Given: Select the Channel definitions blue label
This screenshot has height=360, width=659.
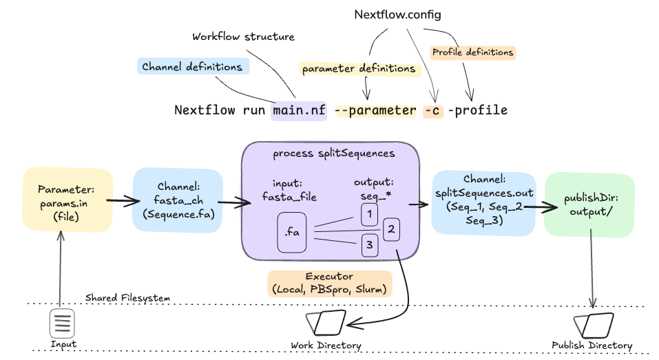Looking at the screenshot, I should point(191,67).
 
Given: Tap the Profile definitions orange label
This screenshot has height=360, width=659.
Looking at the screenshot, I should point(472,52).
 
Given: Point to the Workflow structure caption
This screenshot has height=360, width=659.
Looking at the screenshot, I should point(243,36).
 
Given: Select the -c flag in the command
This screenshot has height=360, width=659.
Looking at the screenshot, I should point(433,110).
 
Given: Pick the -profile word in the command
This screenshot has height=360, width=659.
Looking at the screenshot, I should point(478,110).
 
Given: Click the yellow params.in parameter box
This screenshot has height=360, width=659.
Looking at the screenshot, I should point(67,200).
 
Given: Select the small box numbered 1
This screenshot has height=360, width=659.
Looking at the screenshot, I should point(370,215).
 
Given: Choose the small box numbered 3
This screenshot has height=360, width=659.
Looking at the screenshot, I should point(370,245).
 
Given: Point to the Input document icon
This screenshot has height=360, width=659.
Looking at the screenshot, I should point(62,323).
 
